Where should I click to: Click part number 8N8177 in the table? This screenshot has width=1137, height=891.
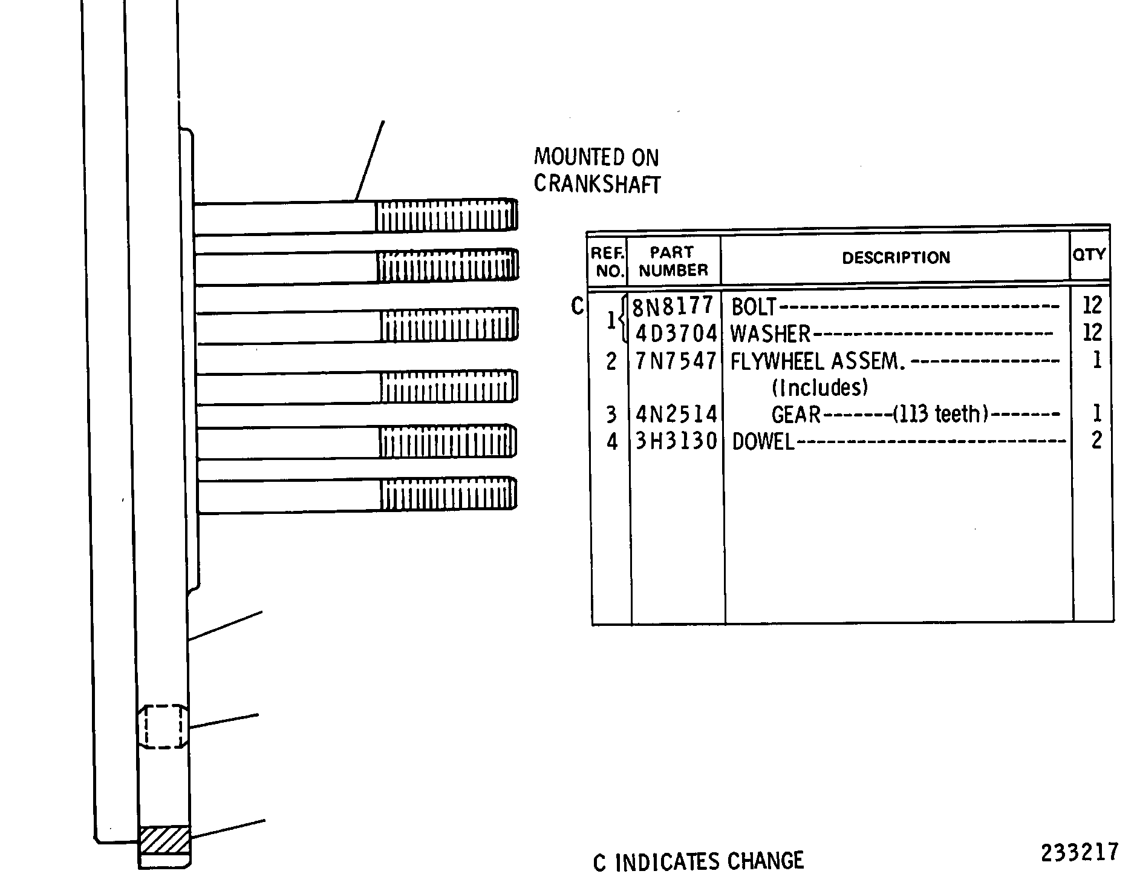[x=673, y=306]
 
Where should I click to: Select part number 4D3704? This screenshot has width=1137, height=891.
[x=676, y=334]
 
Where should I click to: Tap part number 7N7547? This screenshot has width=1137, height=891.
[x=676, y=361]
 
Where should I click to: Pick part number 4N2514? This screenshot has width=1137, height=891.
[x=676, y=415]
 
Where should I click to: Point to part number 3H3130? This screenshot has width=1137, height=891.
[x=676, y=441]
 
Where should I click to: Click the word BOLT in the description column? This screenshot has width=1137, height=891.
[x=754, y=307]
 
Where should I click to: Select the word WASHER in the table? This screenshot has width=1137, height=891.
[x=770, y=334]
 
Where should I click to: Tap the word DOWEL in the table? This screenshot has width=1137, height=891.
[x=763, y=442]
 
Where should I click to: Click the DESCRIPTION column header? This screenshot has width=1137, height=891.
[x=896, y=258]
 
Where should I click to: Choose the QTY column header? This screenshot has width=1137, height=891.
[x=1089, y=254]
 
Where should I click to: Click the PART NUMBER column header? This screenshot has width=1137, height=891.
[x=673, y=261]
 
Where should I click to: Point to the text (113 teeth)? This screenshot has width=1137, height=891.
[x=940, y=414]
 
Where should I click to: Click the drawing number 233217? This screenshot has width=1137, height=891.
[x=1080, y=852]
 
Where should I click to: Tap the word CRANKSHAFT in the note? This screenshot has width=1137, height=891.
[x=597, y=183]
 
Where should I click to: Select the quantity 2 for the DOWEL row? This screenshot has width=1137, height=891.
[x=1096, y=440]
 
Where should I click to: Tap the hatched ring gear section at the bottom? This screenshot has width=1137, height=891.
[x=165, y=840]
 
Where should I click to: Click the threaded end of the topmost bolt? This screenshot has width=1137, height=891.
[x=446, y=215]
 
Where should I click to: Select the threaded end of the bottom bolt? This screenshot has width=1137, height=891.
[x=448, y=494]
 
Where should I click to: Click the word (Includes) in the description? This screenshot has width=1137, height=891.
[x=819, y=387]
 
